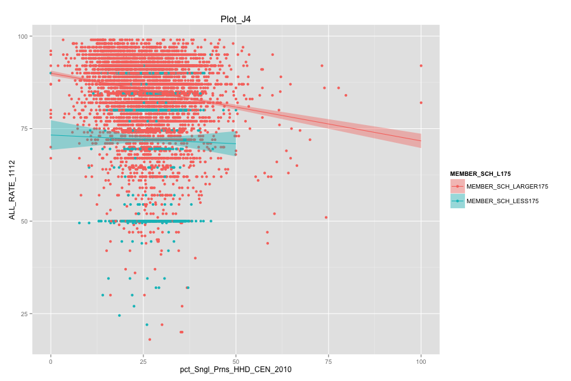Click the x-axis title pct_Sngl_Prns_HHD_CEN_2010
(x=235, y=370)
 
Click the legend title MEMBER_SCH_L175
(x=480, y=173)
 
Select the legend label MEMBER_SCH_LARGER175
(x=507, y=187)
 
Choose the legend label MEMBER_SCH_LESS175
(x=502, y=201)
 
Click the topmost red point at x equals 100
(x=421, y=65)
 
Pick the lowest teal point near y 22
(x=147, y=324)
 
